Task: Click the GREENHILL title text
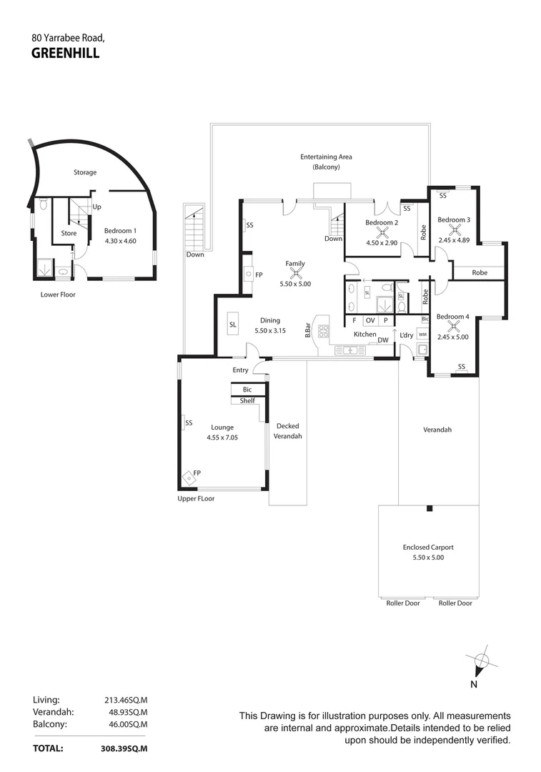[66, 51]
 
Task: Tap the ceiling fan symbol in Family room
[294, 272]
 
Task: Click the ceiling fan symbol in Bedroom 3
[454, 229]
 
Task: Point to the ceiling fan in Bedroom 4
[453, 327]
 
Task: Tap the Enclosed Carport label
[428, 548]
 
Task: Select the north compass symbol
[480, 662]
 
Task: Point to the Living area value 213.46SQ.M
[126, 701]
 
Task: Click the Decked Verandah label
[289, 431]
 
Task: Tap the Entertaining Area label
[326, 157]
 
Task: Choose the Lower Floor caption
[58, 294]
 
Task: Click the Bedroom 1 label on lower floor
[119, 231]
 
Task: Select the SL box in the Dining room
[233, 325]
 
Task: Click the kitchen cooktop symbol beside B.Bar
[323, 331]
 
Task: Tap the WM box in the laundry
[422, 334]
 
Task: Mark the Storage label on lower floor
[85, 172]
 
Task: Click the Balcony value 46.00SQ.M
[126, 723]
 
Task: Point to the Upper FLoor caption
[196, 498]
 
